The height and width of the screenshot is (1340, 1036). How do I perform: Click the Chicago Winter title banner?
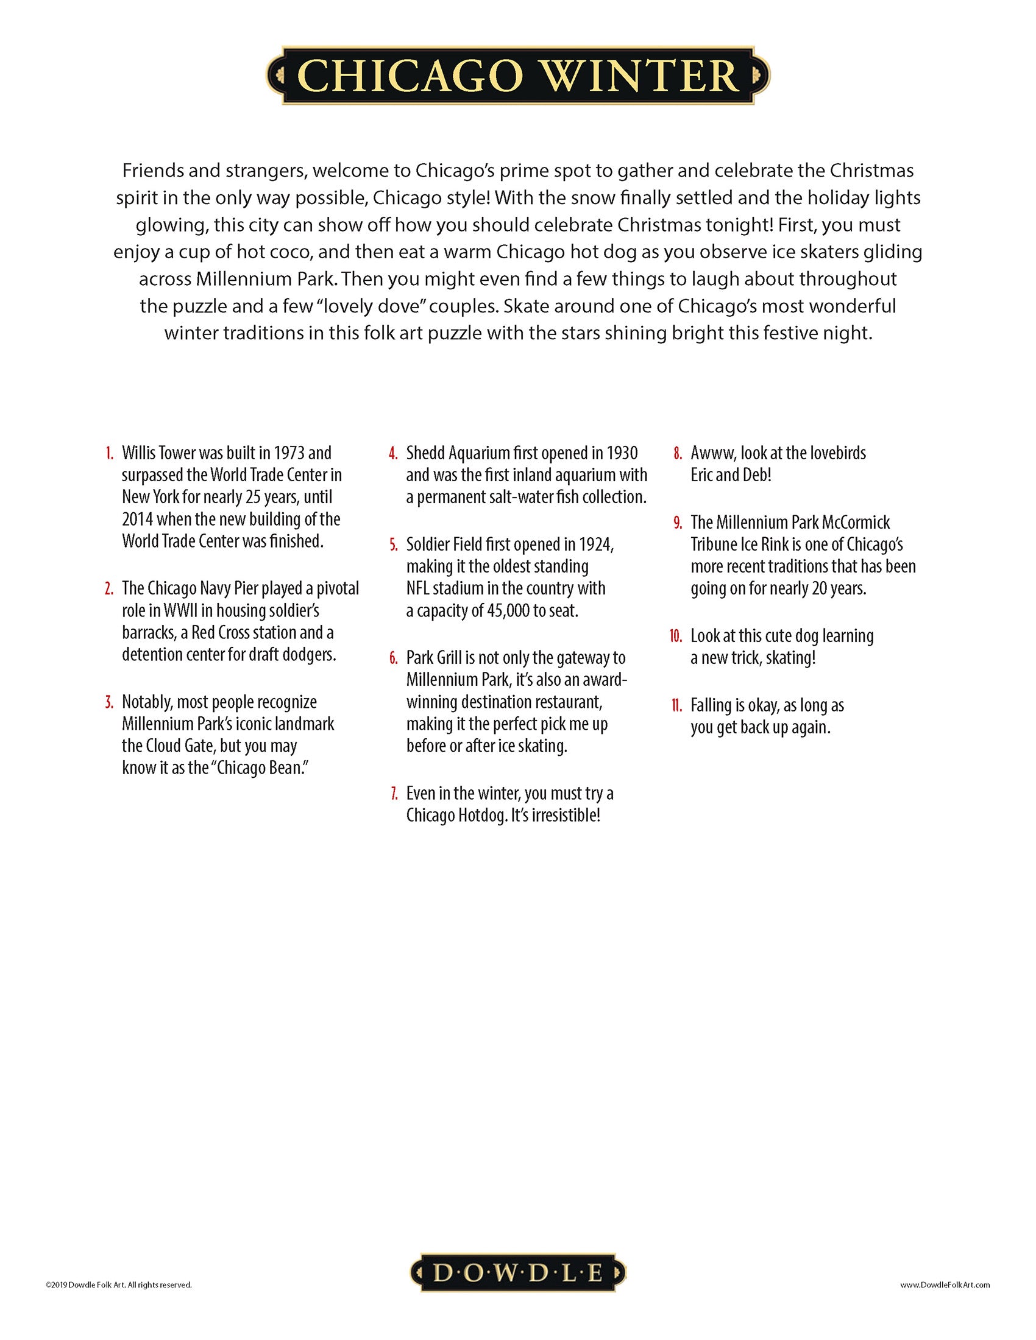pos(517,75)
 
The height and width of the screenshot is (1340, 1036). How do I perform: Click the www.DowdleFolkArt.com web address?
pos(945,1283)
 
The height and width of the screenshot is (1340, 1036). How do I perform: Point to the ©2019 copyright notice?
pos(118,1283)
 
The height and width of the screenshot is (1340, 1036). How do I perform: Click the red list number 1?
pos(109,454)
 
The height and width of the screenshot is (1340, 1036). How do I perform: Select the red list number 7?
pos(394,794)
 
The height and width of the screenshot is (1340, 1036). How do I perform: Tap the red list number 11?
pos(676,705)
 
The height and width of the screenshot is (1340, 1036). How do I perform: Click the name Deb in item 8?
pos(755,476)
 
